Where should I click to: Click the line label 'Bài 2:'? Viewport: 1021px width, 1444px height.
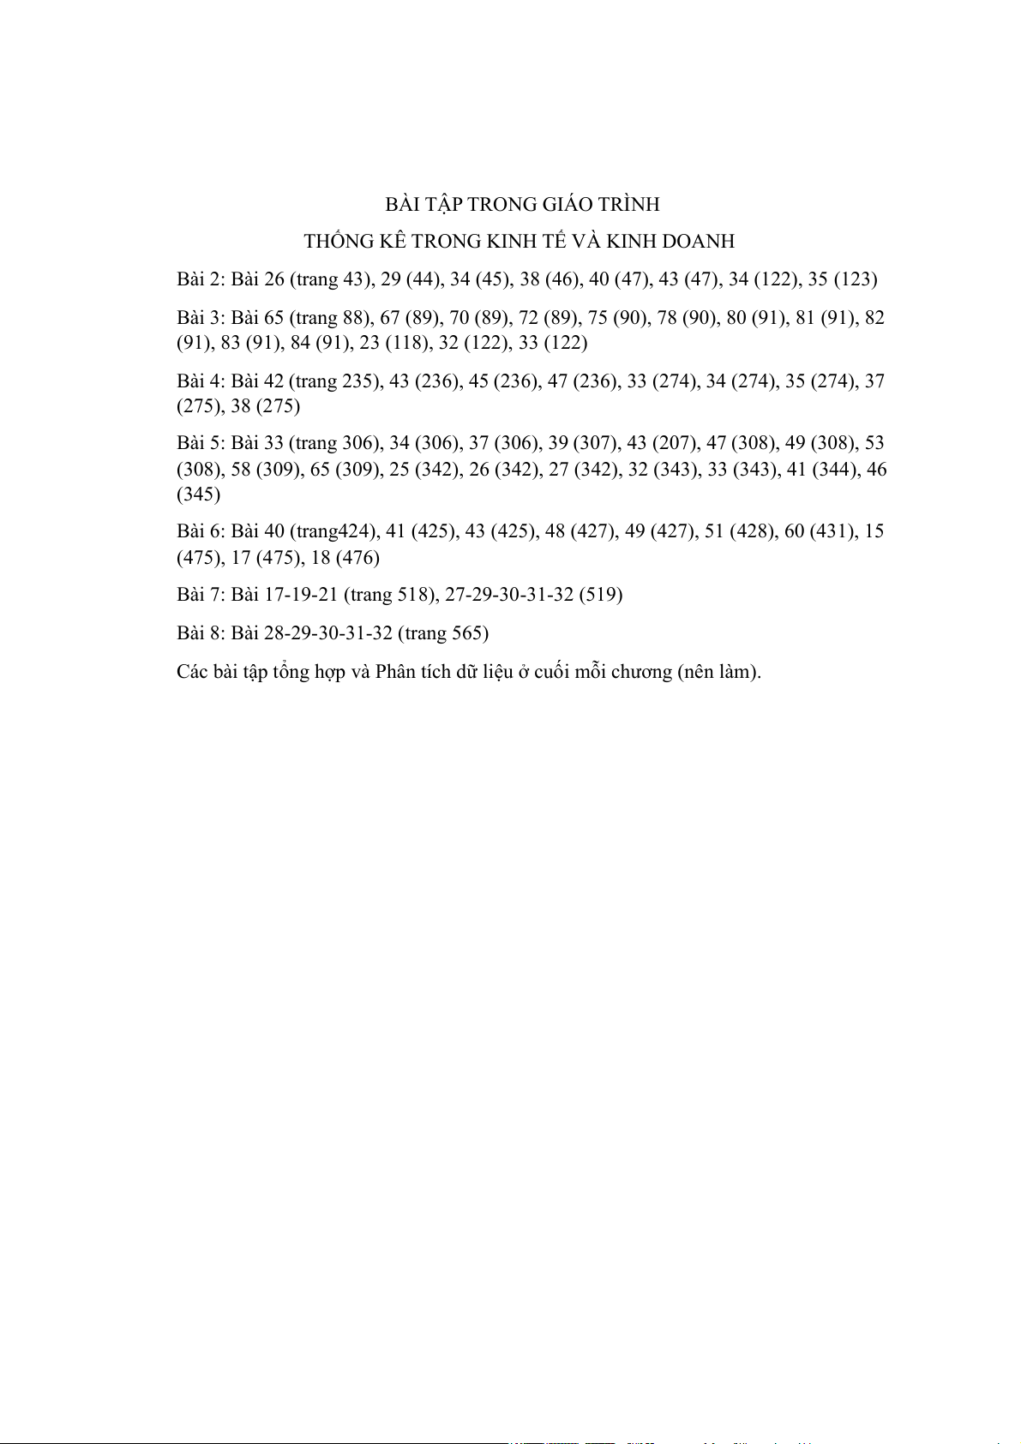(x=201, y=279)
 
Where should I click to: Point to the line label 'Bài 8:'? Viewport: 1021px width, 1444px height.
(x=201, y=633)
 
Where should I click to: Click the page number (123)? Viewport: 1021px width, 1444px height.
(x=856, y=279)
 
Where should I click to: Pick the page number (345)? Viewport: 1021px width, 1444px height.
(x=198, y=494)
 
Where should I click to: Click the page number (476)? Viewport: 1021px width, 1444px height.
(x=357, y=558)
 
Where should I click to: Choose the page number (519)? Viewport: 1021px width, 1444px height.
(x=600, y=595)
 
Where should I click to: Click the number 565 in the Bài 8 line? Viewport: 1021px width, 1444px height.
(x=469, y=633)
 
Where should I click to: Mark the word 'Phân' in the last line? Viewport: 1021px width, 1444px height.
(x=395, y=672)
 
